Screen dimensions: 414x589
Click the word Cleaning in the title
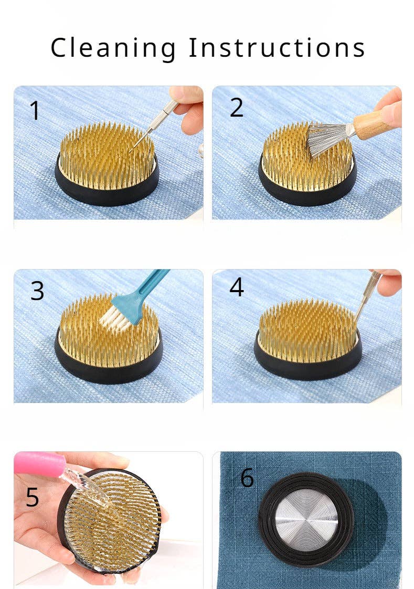click(113, 48)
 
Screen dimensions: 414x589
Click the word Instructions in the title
click(277, 47)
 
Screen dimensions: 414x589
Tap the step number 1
click(35, 111)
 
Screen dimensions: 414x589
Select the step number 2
click(236, 108)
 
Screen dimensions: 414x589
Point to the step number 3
click(37, 291)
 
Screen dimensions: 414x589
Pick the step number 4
click(237, 287)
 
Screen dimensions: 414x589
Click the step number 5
click(32, 498)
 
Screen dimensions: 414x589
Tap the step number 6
click(247, 478)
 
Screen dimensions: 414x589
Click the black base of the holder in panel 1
click(107, 190)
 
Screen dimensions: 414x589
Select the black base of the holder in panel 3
click(109, 370)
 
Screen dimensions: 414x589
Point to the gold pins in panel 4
click(307, 330)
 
